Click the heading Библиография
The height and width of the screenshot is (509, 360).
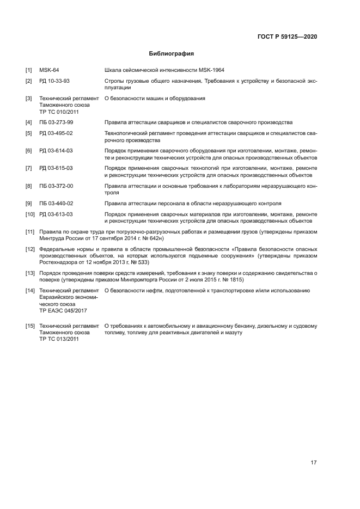[x=172, y=54]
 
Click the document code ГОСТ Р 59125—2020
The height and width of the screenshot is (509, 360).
[x=287, y=36]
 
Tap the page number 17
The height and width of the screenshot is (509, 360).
[x=314, y=463]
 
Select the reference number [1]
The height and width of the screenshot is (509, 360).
[x=29, y=70]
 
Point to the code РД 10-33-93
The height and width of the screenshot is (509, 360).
[x=54, y=81]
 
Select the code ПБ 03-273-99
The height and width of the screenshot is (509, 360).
[x=56, y=122]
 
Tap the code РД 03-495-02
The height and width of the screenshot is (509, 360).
[x=56, y=133]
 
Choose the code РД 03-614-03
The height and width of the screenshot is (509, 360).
[x=56, y=150]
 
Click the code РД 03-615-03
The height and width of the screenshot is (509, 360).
[x=56, y=168]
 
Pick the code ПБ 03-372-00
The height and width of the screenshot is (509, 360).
[x=56, y=186]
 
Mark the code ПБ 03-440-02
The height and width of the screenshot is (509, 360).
[x=56, y=203]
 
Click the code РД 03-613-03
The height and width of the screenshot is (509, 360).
[x=56, y=214]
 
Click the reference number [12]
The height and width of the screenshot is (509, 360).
[x=30, y=249]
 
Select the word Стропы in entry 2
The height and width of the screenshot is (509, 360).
[x=114, y=81]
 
